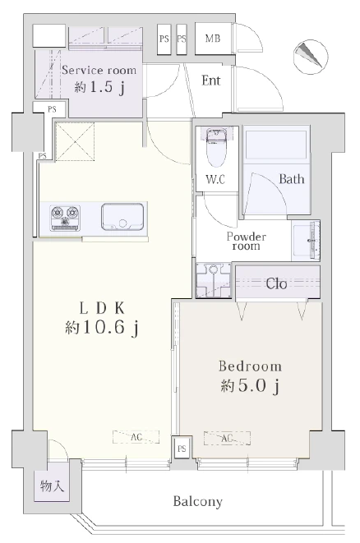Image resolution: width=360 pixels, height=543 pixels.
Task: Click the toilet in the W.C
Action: (x=215, y=148)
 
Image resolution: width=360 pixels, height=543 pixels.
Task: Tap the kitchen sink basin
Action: (x=122, y=218)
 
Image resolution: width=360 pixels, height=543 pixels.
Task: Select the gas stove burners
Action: (x=65, y=219)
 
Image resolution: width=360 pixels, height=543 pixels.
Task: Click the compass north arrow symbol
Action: (x=311, y=57)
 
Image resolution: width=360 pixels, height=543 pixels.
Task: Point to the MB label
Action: (x=213, y=38)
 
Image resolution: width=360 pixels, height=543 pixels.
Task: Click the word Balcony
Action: (x=197, y=502)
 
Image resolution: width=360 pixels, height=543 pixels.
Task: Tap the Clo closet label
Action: (x=276, y=284)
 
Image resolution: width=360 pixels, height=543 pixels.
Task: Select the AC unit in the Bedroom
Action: (x=227, y=438)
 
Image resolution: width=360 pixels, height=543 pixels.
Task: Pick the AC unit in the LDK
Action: (x=136, y=437)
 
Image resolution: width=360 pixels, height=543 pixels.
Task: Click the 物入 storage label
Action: (x=52, y=485)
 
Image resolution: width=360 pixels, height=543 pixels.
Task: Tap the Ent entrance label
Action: (x=211, y=81)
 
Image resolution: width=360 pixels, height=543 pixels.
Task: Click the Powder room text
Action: (x=247, y=241)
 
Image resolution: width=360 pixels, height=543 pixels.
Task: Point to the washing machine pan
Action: (x=214, y=280)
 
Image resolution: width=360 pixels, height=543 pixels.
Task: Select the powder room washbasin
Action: (x=306, y=241)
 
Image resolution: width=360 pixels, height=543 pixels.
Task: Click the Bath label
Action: (x=292, y=179)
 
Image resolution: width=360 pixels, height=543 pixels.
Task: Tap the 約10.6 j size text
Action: (x=102, y=328)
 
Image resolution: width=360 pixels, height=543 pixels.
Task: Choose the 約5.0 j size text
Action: (x=250, y=386)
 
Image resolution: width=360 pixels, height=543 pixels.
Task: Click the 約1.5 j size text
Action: (x=99, y=87)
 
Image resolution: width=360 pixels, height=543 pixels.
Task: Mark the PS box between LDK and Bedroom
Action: (x=182, y=449)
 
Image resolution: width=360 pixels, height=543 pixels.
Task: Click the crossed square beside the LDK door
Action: (x=75, y=141)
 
